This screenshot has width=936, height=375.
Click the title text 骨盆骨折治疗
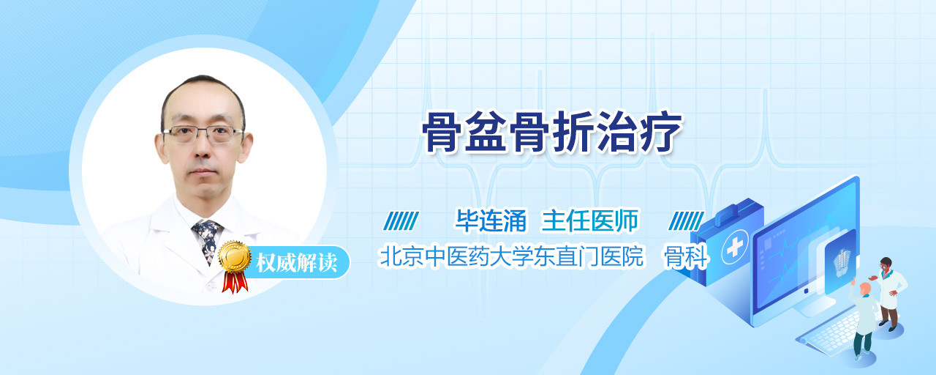(x=551, y=133)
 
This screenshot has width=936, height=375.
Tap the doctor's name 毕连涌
(x=491, y=220)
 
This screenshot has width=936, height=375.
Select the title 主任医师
(x=590, y=220)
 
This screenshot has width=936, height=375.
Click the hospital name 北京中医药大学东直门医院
(x=511, y=256)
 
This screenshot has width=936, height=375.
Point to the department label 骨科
(x=686, y=256)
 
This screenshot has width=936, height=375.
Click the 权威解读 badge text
(x=296, y=262)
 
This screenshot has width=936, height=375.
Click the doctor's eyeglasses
(x=203, y=134)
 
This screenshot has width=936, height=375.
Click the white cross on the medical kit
(x=734, y=248)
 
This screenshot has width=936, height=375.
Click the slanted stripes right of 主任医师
(x=686, y=221)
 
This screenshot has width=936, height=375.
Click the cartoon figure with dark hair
(x=889, y=293)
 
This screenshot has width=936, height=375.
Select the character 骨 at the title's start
(x=442, y=133)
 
